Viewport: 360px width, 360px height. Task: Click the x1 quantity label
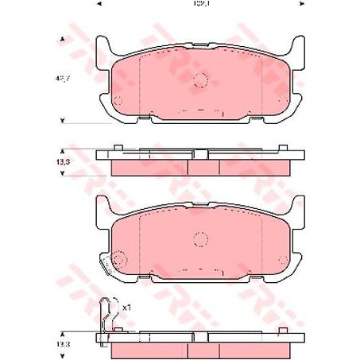(126, 305)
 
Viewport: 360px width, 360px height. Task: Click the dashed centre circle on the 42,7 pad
(199, 80)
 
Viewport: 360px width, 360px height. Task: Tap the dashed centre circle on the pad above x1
(199, 239)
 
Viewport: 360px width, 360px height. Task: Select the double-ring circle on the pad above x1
(120, 259)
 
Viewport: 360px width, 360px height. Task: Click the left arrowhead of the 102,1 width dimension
(98, 4)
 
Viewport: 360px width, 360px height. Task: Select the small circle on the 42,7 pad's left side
(117, 100)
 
